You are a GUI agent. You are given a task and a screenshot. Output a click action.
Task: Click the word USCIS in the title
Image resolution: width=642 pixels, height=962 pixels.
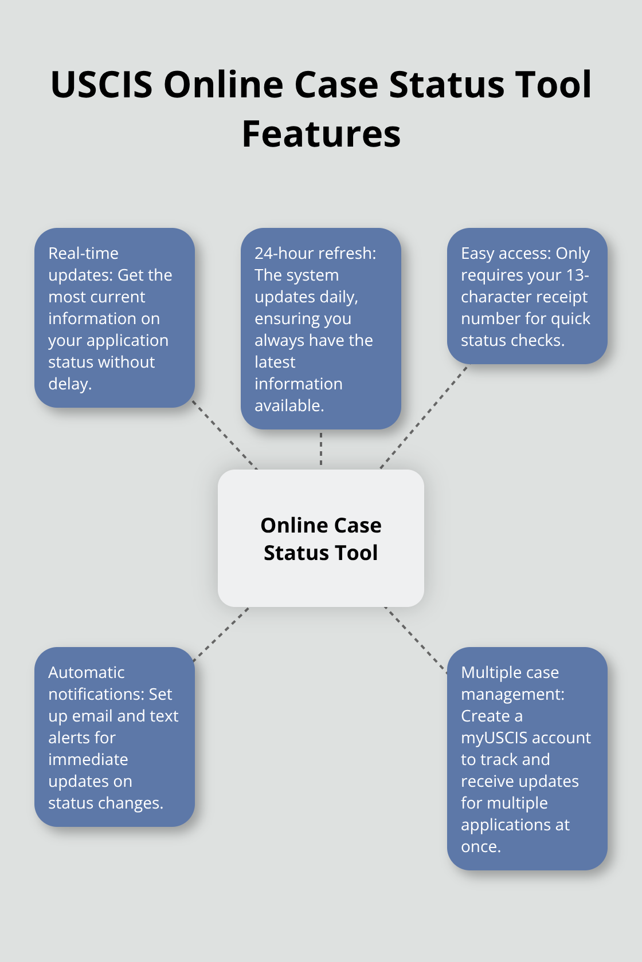point(101,85)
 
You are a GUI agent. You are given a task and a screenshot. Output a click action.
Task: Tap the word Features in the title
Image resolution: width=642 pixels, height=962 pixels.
point(321,134)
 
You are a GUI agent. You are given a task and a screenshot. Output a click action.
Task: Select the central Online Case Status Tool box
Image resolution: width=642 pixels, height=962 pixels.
point(321,538)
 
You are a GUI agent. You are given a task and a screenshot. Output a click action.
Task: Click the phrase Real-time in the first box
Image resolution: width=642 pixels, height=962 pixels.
point(83,253)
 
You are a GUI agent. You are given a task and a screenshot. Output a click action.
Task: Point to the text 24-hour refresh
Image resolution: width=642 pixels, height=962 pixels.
point(315,253)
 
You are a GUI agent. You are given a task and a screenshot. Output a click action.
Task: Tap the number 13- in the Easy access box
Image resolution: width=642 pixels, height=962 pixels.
point(577,275)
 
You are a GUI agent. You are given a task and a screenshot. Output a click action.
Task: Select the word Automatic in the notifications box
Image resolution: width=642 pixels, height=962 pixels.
point(86,672)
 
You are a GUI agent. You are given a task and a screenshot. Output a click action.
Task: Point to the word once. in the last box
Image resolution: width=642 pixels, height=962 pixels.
point(481,846)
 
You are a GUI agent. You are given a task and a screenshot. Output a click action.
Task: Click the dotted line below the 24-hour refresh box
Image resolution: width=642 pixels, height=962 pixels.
point(321,449)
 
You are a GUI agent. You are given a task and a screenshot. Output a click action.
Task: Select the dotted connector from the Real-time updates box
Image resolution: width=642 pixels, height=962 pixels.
point(225,435)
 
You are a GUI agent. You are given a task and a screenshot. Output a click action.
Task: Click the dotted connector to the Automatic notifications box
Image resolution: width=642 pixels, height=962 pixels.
point(221,634)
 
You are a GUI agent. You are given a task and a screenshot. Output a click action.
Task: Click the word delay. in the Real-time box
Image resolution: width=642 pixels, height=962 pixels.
point(70,384)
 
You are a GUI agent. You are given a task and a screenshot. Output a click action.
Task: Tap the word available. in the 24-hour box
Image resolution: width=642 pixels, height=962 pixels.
point(289,405)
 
